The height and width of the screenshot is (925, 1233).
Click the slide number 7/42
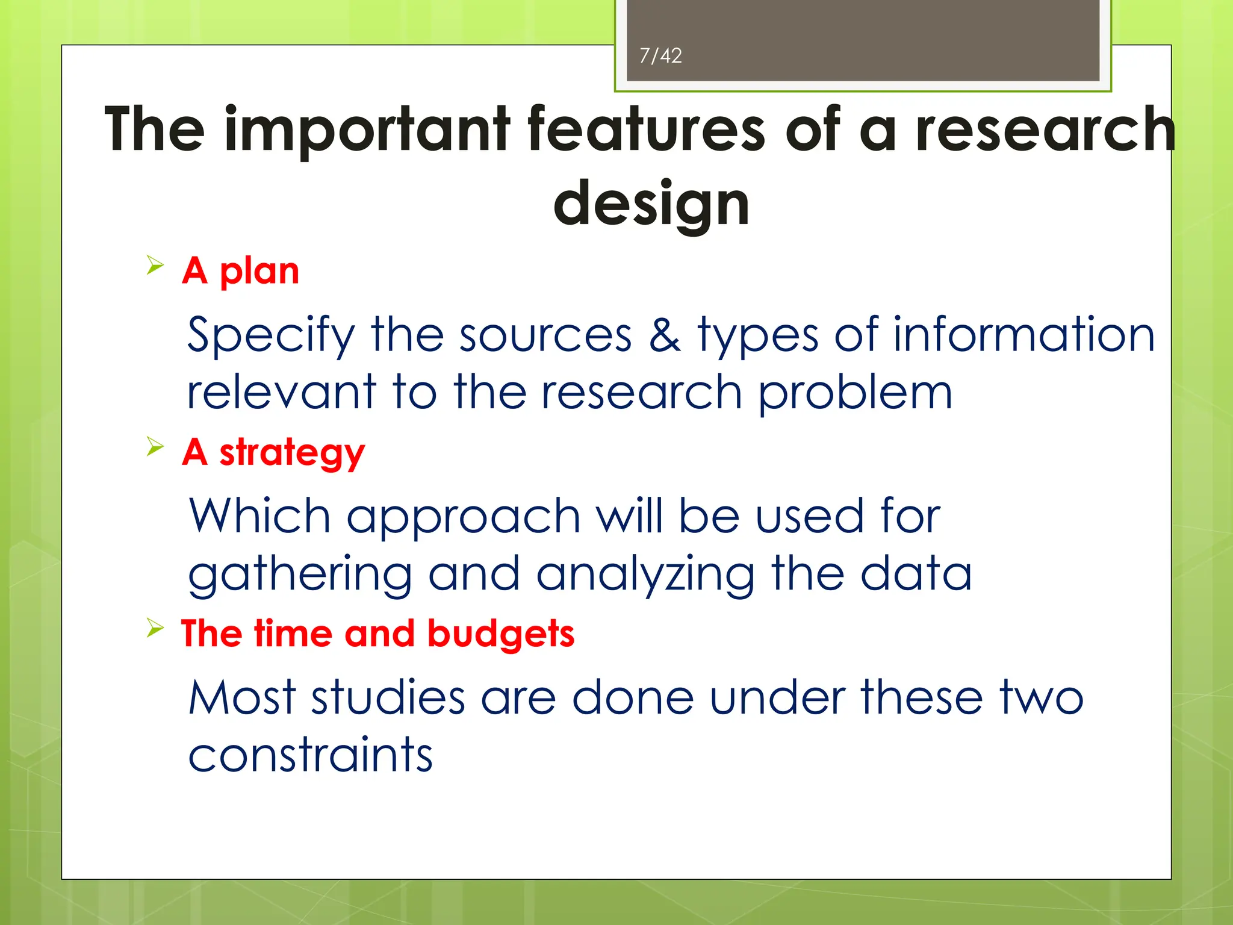[660, 56]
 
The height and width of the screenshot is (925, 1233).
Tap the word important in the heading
[367, 129]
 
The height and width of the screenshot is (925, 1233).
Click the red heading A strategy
[273, 452]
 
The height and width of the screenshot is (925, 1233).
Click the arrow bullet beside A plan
[155, 265]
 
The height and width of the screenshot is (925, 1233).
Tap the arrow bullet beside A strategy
[155, 447]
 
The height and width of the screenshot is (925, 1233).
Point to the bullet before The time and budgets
[155, 629]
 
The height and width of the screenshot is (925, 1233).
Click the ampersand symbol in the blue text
[665, 335]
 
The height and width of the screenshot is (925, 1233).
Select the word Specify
[271, 335]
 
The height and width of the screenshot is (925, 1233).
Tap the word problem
[854, 393]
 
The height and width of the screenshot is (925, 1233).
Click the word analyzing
[645, 575]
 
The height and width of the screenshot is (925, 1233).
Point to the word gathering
[300, 575]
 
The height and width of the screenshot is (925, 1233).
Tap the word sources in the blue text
[545, 335]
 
